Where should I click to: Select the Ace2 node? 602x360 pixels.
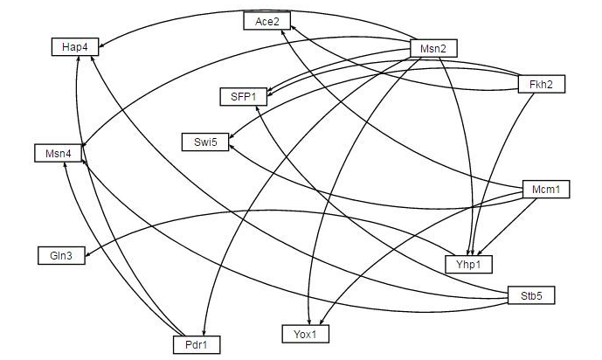click(266, 22)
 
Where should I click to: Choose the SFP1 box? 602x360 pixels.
click(243, 96)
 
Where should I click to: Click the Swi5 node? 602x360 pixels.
click(205, 141)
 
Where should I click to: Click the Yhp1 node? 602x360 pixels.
click(468, 263)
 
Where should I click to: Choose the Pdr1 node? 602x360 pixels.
click(196, 345)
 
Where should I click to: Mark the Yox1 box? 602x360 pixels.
click(305, 332)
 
